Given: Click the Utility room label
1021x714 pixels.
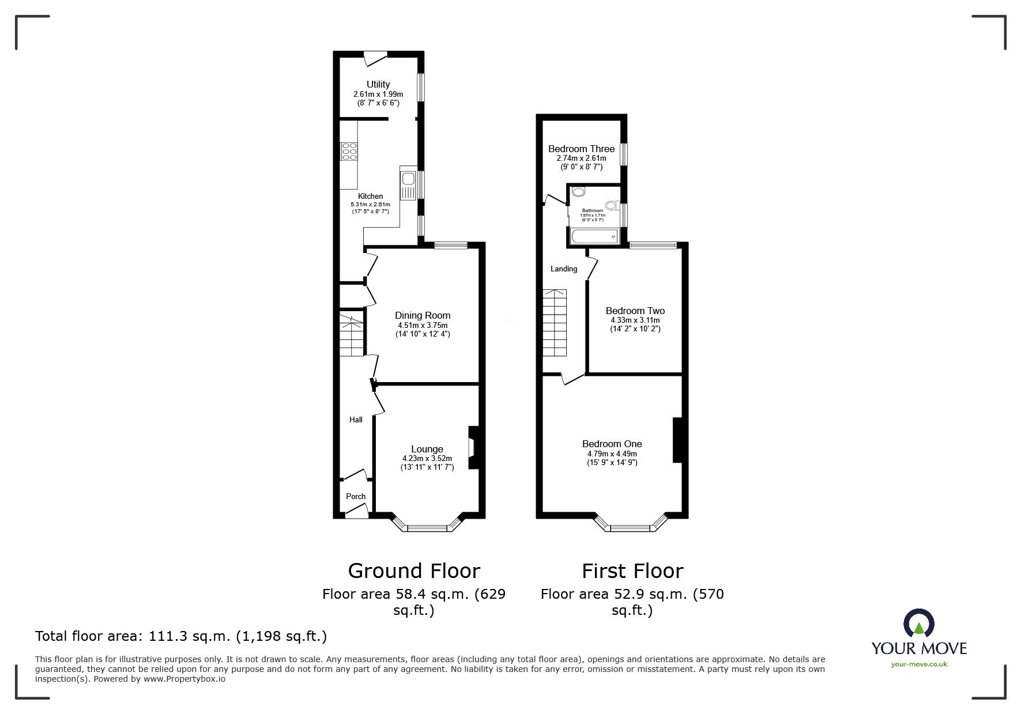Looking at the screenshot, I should (378, 84).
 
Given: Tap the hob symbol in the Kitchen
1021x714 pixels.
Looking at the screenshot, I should (349, 151).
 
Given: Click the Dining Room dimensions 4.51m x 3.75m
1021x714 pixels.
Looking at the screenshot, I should (423, 325).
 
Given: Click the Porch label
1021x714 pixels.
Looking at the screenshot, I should (356, 496).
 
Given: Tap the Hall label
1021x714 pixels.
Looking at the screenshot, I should (356, 420).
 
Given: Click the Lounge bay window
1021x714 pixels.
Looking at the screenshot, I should (427, 526).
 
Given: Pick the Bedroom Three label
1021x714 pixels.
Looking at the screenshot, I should (581, 149).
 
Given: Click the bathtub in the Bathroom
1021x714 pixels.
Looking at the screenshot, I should (594, 236).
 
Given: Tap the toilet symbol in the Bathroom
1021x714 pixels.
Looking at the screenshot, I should (612, 205).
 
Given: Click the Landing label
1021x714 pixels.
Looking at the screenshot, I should (563, 269).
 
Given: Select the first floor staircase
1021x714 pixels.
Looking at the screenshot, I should (555, 323).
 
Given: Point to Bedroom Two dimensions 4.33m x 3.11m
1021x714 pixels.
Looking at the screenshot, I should (635, 320).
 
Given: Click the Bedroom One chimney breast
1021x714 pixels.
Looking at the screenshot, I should (677, 440).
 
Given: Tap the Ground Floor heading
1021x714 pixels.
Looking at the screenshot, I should (414, 571).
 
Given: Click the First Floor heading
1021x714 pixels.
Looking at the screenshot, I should (632, 571).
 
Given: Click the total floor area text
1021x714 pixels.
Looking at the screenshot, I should (181, 636).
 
